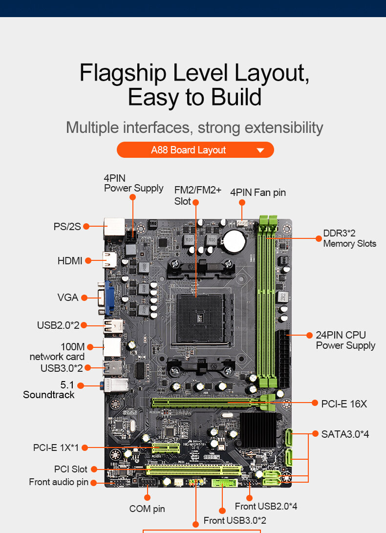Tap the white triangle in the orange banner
tap(260, 150)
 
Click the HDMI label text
tap(70, 261)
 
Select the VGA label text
tap(68, 298)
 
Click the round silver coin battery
tap(235, 240)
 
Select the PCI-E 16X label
tap(344, 404)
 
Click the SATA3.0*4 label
tap(345, 434)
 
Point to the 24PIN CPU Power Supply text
tap(345, 340)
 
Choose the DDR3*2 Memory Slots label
tap(349, 238)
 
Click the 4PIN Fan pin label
tap(258, 192)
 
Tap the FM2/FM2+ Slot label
tap(197, 195)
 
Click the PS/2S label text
tap(67, 227)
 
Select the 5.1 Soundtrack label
tap(49, 389)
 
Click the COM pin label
tap(147, 509)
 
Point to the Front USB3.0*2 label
tap(235, 521)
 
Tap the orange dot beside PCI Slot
tap(94, 469)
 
